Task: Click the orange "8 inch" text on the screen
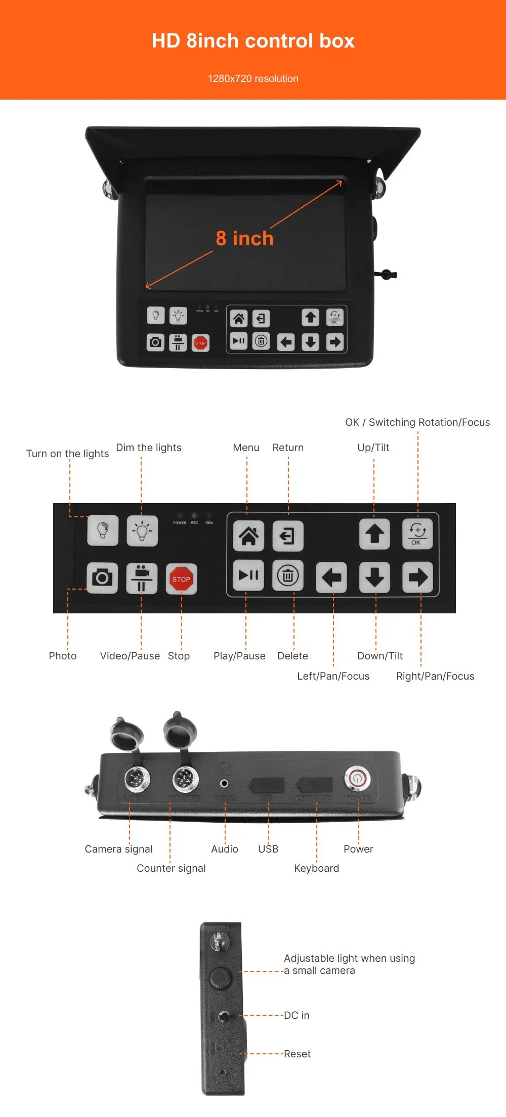244,238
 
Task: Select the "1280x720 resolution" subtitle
253,78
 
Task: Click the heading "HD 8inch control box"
253,41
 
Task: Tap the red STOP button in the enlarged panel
181,579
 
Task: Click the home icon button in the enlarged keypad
248,535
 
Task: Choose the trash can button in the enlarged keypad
288,575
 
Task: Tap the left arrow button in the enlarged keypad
331,577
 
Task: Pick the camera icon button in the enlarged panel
102,577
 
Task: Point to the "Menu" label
246,448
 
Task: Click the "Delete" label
292,656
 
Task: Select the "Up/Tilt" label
373,448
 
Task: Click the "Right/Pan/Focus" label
435,676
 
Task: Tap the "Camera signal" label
118,849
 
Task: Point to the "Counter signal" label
171,868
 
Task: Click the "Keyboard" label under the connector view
317,868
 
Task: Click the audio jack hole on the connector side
224,783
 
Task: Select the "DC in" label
297,1015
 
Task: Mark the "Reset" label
297,1054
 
